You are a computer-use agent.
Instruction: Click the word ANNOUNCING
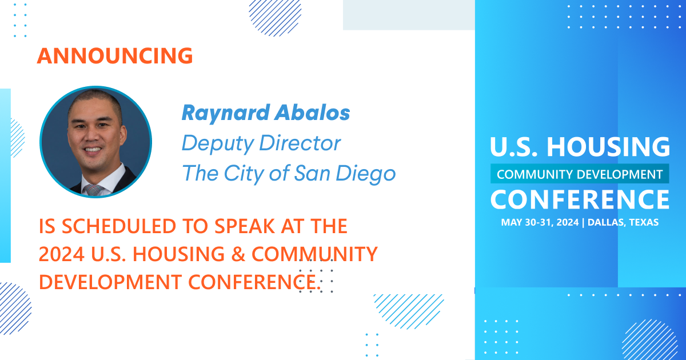click(114, 56)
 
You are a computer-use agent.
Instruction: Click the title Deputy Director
click(261, 143)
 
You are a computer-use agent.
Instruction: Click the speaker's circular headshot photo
click(95, 142)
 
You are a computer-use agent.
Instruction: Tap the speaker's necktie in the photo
click(94, 190)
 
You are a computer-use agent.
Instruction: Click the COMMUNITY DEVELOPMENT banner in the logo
click(580, 174)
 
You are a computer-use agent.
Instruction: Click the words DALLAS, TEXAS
click(622, 222)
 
